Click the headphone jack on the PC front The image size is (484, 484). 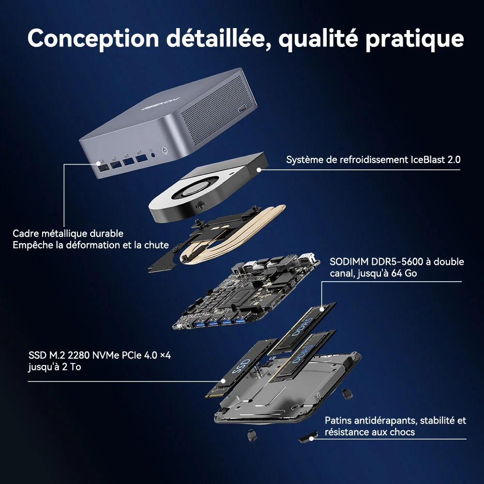(153, 155)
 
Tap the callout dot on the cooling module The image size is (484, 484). (259, 169)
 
